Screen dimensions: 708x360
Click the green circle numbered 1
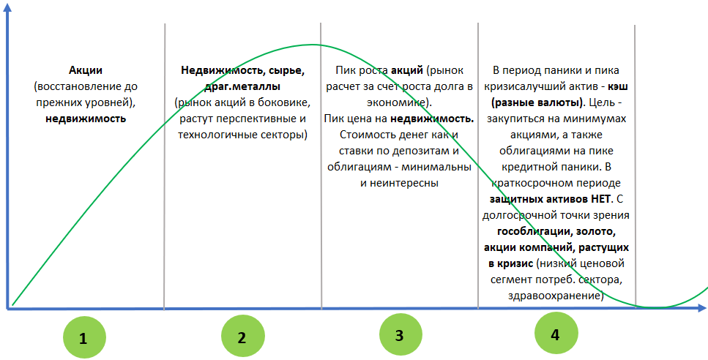point(84,337)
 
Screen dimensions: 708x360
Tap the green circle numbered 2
point(242,337)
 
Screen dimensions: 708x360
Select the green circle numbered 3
point(400,334)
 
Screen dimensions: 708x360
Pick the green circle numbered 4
point(556,334)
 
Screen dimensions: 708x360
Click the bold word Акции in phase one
point(86,70)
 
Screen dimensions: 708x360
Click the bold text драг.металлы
point(242,86)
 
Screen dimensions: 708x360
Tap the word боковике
point(286,103)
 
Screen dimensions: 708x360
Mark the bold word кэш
point(618,86)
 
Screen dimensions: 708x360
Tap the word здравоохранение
point(556,296)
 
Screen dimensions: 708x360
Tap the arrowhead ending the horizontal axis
point(701,308)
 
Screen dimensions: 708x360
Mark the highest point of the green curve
point(313,45)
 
